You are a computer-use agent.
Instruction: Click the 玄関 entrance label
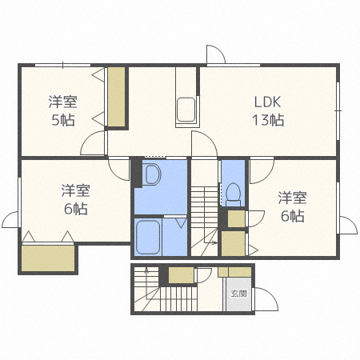238,293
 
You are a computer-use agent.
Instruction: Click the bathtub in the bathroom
150,238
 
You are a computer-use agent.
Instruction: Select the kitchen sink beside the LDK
186,107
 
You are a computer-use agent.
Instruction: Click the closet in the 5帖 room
117,98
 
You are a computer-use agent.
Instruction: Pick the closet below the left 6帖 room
48,258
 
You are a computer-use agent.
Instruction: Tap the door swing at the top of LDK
216,56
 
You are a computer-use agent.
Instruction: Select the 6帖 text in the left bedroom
75,209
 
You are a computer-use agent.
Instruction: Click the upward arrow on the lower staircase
147,276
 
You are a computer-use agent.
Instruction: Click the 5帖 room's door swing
94,145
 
